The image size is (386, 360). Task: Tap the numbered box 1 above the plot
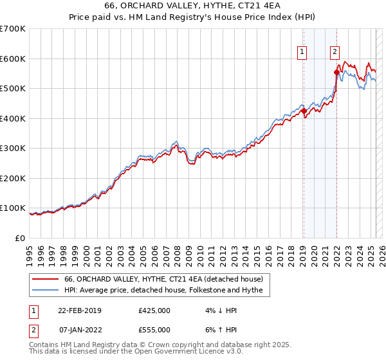point(302,53)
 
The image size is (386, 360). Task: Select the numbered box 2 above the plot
point(335,53)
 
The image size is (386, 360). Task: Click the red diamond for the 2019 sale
point(304,111)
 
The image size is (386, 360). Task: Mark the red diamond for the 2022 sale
point(336,72)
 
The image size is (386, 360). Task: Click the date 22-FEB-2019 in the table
point(80,310)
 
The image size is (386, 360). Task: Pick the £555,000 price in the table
point(154,330)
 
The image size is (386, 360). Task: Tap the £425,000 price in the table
point(154,310)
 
